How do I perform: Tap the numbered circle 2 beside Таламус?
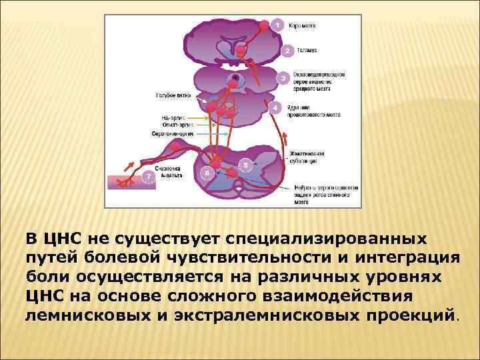pyautogui.click(x=287, y=51)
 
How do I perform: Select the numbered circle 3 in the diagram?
pyautogui.click(x=283, y=78)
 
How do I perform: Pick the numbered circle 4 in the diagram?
pyautogui.click(x=274, y=107)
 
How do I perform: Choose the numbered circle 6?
pyautogui.click(x=207, y=173)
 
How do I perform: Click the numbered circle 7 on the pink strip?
pyautogui.click(x=149, y=177)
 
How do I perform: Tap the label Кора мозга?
pyautogui.click(x=302, y=25)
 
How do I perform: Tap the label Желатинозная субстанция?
pyautogui.click(x=307, y=157)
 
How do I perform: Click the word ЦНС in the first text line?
pyautogui.click(x=61, y=238)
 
